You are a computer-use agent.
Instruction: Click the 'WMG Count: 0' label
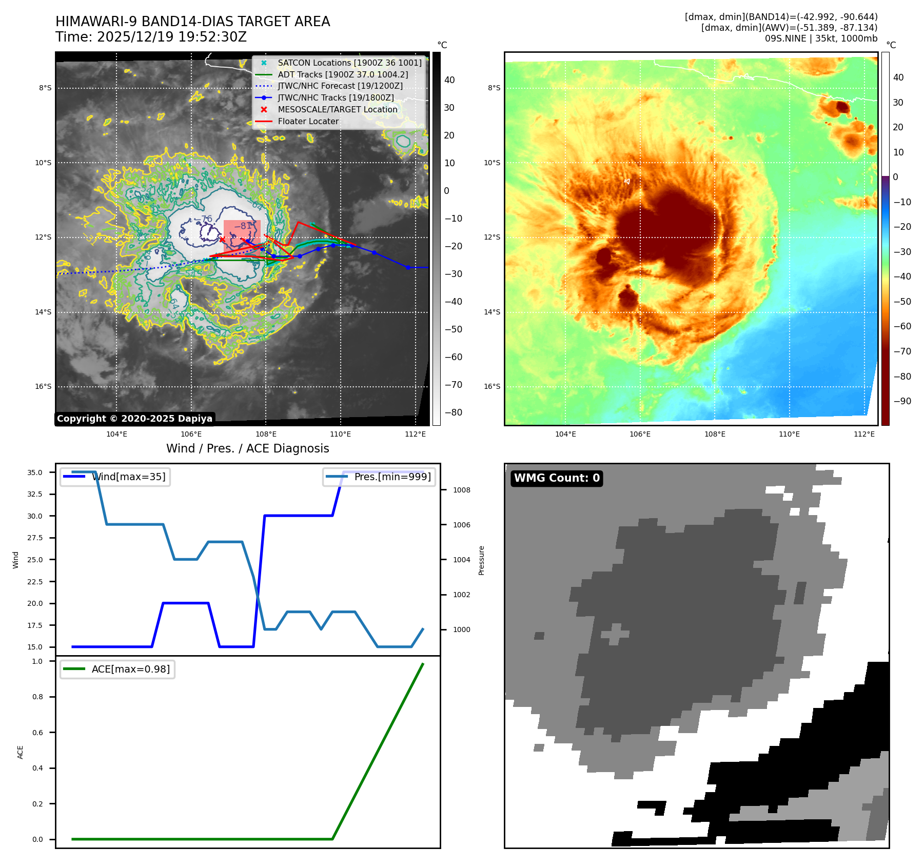[x=557, y=478]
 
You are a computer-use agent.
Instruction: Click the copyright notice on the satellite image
[x=134, y=419]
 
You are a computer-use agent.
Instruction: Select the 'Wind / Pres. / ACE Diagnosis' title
[x=247, y=448]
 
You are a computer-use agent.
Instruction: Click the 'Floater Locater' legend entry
[x=308, y=122]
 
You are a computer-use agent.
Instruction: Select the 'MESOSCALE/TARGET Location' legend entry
[x=337, y=110]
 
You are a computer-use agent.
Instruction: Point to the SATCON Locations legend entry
[x=349, y=63]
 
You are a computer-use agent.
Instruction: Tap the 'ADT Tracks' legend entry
[x=343, y=74]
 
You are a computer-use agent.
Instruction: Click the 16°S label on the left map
[x=43, y=387]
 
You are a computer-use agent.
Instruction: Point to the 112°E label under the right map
[x=864, y=434]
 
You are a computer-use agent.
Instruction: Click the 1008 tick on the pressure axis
[x=461, y=490]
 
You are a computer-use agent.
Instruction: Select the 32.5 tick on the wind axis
[x=35, y=494]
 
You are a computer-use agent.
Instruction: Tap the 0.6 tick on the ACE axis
[x=37, y=733]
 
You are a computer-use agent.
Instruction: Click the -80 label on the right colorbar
[x=902, y=377]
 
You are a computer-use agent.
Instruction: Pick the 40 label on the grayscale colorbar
[x=449, y=80]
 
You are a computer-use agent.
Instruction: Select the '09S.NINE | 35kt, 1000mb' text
[x=821, y=38]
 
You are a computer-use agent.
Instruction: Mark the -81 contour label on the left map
[x=243, y=226]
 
